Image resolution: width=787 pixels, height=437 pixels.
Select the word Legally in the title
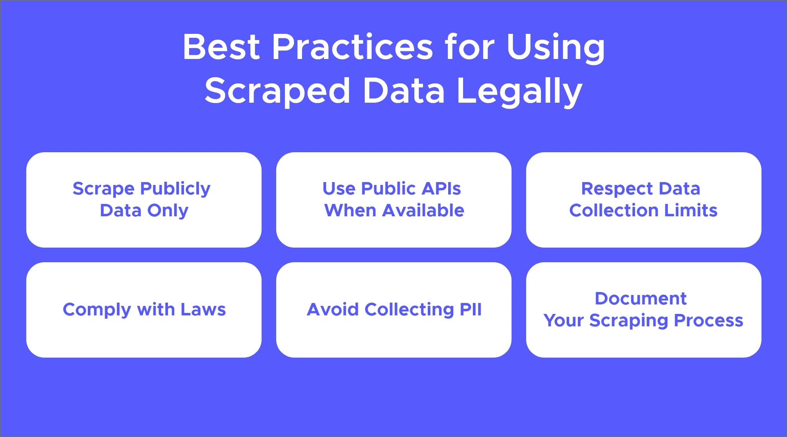(519, 91)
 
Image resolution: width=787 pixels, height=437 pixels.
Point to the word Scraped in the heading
(277, 91)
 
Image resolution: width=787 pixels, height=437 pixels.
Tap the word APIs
(441, 188)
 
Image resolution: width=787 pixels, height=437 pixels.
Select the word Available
(423, 210)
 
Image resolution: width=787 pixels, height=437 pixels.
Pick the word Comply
(97, 310)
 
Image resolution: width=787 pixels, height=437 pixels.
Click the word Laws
(203, 310)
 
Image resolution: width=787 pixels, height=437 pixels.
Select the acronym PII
(471, 310)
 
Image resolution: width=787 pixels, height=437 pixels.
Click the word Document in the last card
(641, 299)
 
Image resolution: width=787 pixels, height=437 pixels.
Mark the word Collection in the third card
(614, 210)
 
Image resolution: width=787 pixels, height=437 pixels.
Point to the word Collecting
(409, 310)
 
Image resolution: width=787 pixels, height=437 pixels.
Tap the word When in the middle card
(350, 210)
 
